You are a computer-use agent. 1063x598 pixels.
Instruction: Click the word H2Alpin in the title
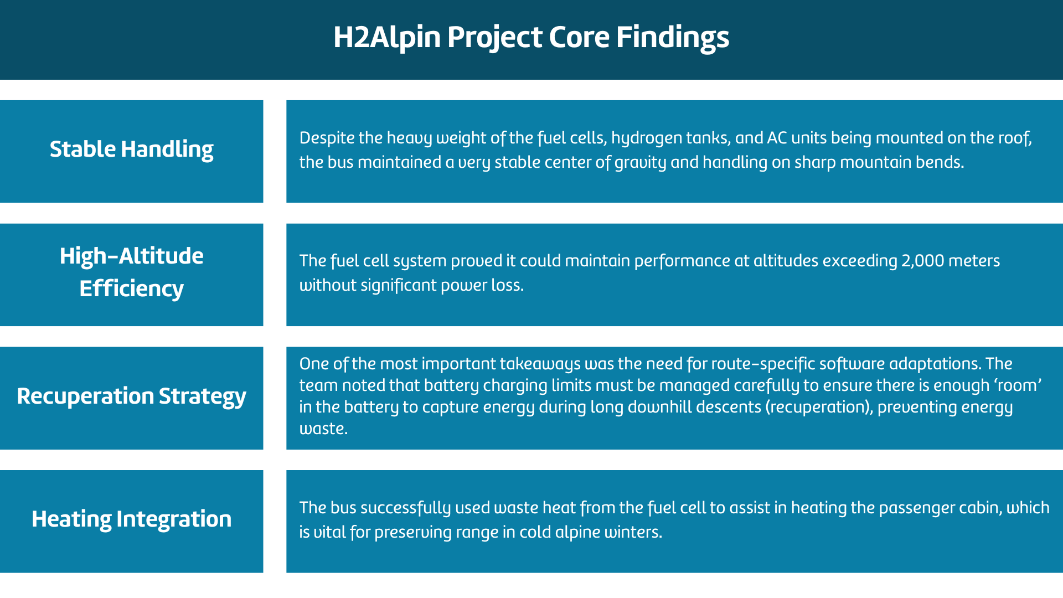[x=387, y=38]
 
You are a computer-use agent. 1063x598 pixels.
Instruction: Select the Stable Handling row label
[x=131, y=149]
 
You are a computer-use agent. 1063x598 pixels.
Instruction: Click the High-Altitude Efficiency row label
[x=131, y=272]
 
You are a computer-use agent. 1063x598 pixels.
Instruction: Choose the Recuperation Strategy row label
[x=131, y=396]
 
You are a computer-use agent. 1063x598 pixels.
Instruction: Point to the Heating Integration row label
[x=131, y=519]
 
